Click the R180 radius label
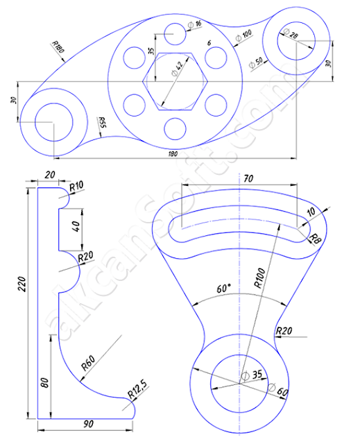(x=58, y=48)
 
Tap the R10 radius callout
(x=77, y=187)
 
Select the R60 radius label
(x=88, y=361)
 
